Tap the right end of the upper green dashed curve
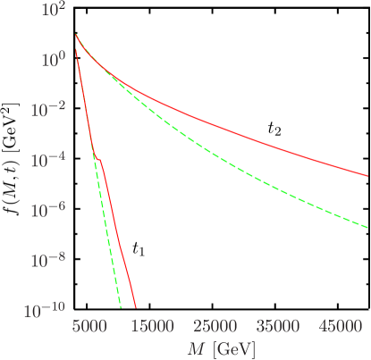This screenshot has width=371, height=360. pyautogui.click(x=367, y=226)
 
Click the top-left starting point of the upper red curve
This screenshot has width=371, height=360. pyautogui.click(x=76, y=35)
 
